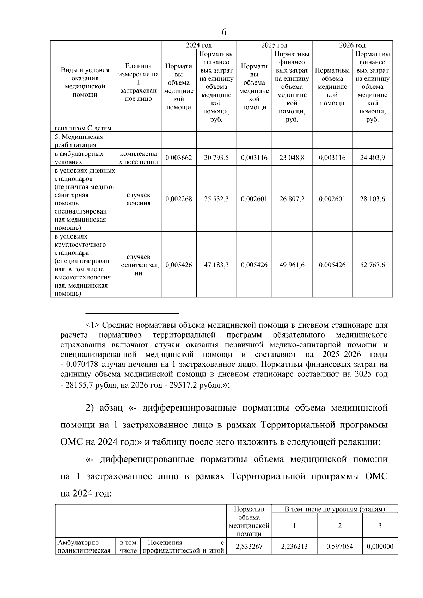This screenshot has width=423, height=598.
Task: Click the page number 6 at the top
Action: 224,32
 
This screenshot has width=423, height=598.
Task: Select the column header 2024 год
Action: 199,45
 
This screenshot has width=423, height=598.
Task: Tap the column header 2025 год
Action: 274,45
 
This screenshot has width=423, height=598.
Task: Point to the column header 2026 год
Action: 352,45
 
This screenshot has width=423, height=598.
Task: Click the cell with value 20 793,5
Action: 216,158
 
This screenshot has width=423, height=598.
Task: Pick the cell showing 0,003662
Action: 179,158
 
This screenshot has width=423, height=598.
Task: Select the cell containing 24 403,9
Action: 372,158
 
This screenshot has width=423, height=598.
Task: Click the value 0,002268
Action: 179,199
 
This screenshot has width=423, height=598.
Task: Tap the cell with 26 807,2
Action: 292,199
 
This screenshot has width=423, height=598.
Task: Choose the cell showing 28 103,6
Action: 372,199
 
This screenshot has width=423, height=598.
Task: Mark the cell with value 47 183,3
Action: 216,265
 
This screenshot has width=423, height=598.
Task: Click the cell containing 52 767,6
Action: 372,265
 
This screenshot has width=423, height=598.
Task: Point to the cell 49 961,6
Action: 292,265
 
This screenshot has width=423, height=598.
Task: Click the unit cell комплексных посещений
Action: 139,158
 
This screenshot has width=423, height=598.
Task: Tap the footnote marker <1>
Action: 93,325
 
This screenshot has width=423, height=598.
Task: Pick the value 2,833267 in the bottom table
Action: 249,547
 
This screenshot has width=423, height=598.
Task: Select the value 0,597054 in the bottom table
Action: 339,547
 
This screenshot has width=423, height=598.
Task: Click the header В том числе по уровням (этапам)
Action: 335,509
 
